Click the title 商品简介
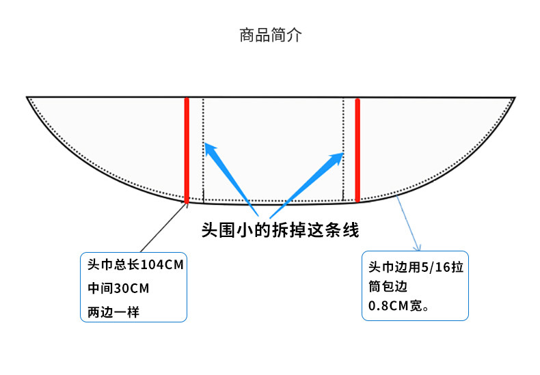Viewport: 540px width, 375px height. click(x=270, y=36)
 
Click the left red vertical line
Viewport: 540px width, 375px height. click(x=186, y=150)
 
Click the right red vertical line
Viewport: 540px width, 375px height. click(x=357, y=150)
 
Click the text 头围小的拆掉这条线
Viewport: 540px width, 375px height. click(x=280, y=230)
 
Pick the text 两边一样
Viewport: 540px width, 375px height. click(x=113, y=312)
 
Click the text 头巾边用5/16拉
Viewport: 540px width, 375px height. click(x=416, y=267)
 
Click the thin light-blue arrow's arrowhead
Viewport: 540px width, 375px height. click(x=418, y=247)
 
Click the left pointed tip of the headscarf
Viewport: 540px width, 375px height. click(x=27, y=98)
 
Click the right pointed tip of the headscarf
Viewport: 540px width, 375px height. click(x=514, y=98)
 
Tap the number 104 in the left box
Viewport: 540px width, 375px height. click(x=151, y=265)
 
